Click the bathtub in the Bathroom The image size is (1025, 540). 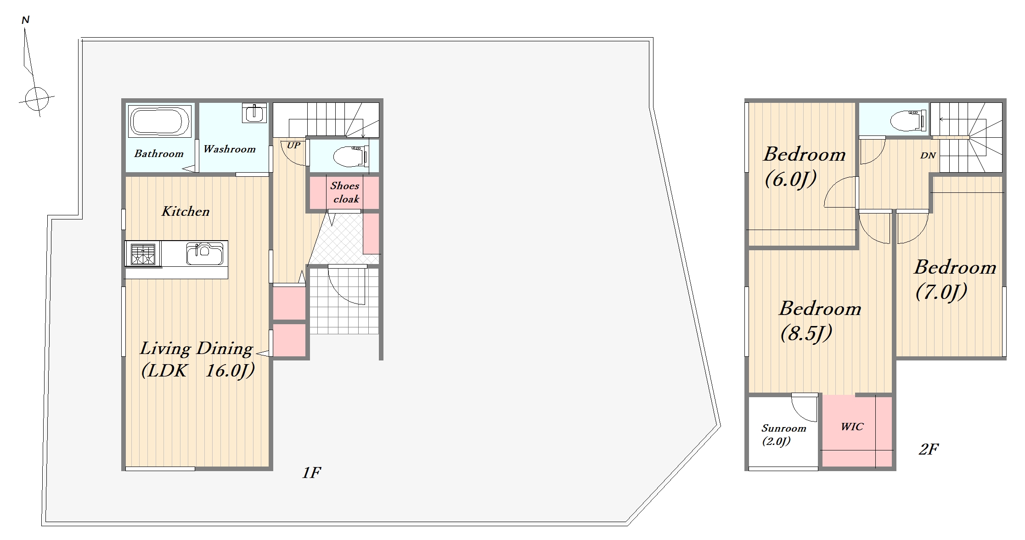pyautogui.click(x=159, y=121)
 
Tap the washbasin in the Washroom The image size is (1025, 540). pyautogui.click(x=254, y=112)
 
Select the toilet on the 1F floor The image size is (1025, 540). pyautogui.click(x=350, y=156)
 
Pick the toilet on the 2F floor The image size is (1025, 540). pyautogui.click(x=907, y=121)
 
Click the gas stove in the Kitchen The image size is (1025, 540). pyautogui.click(x=143, y=254)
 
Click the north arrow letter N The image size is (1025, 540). pyautogui.click(x=26, y=20)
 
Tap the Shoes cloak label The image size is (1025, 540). pyautogui.click(x=345, y=192)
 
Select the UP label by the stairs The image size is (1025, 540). pyautogui.click(x=293, y=145)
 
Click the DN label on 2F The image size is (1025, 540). pyautogui.click(x=928, y=155)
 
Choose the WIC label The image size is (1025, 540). pyautogui.click(x=852, y=427)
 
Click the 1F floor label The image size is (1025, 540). pyautogui.click(x=311, y=472)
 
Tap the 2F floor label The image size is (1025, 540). pyautogui.click(x=928, y=449)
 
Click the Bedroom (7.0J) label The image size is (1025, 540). pyautogui.click(x=955, y=280)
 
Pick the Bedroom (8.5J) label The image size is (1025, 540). pyautogui.click(x=820, y=321)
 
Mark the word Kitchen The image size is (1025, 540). pyautogui.click(x=186, y=211)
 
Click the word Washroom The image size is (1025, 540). pyautogui.click(x=230, y=149)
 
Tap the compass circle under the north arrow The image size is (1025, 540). pyautogui.click(x=37, y=99)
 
